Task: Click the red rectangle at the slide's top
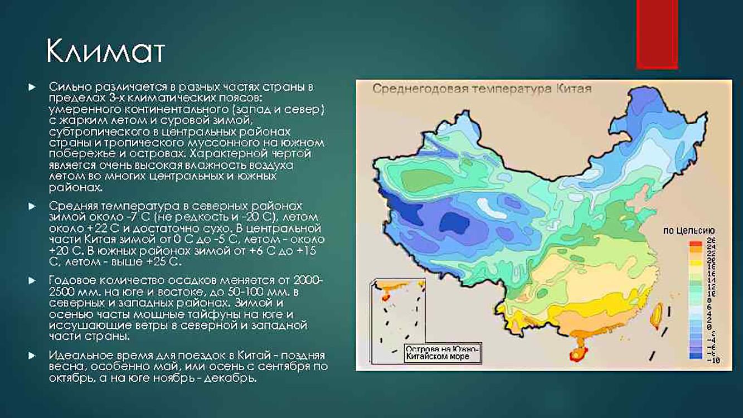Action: (x=657, y=33)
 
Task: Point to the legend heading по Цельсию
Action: (x=688, y=231)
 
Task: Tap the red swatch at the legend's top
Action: (x=695, y=244)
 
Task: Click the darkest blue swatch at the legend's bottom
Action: (x=695, y=355)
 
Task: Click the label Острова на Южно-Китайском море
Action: (x=441, y=352)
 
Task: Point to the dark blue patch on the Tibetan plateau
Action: (x=452, y=223)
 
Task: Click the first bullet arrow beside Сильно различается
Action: (x=32, y=87)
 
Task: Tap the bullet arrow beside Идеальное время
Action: (x=32, y=355)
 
